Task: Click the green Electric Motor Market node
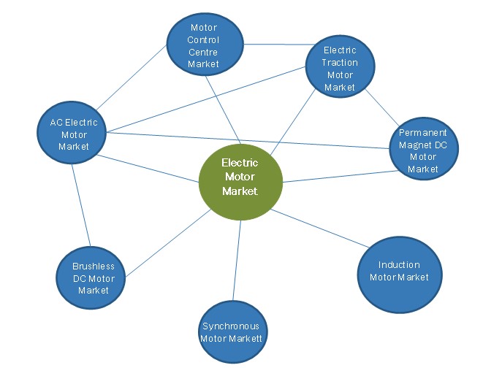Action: point(240,177)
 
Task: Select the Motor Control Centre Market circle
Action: point(204,45)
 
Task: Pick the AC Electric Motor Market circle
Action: point(73,134)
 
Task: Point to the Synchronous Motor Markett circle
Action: point(231,332)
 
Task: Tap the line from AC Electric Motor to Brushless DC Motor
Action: point(82,205)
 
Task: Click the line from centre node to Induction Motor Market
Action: point(322,226)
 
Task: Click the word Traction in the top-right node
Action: point(340,63)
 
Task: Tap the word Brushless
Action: point(94,267)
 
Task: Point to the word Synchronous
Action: point(231,326)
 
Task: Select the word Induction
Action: point(399,265)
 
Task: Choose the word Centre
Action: point(203,52)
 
